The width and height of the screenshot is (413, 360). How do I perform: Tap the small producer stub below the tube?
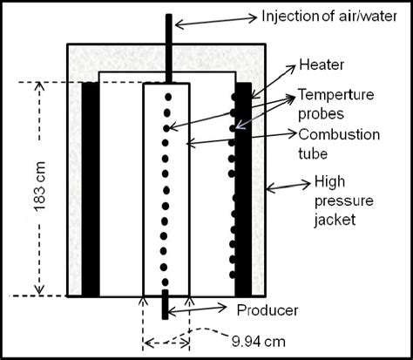(x=164, y=306)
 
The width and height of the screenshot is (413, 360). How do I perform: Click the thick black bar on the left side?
(x=91, y=188)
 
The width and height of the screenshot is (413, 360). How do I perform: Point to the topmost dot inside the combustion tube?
(x=167, y=95)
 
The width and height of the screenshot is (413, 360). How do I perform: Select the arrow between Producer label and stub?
(x=200, y=309)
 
